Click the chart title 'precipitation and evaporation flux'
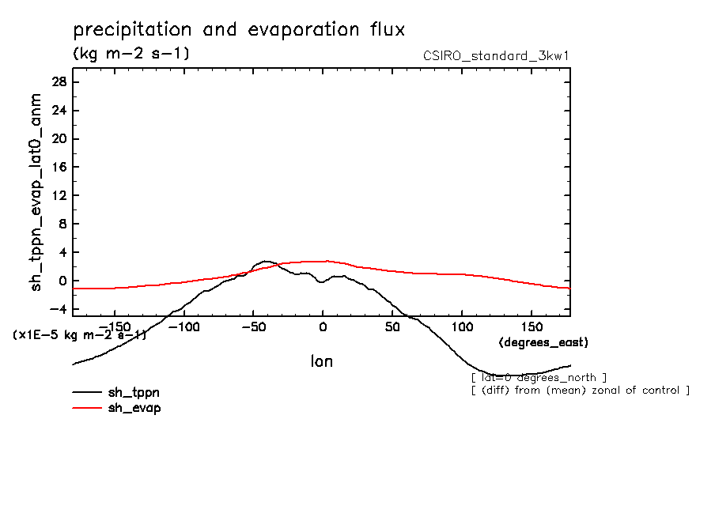[x=239, y=30]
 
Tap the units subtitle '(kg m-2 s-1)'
[x=131, y=54]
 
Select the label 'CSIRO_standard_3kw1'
[x=497, y=55]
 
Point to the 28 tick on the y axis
[x=58, y=82]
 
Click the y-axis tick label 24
[x=58, y=111]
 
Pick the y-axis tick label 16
[x=58, y=168]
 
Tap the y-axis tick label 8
[x=61, y=224]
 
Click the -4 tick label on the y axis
[x=58, y=309]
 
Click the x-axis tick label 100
[x=462, y=326]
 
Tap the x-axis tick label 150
[x=532, y=326]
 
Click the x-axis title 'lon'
[x=321, y=361]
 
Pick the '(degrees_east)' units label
[x=544, y=342]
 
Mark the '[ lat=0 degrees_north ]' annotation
[x=539, y=377]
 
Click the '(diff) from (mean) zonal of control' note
[x=581, y=390]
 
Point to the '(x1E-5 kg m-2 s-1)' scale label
[x=80, y=335]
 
